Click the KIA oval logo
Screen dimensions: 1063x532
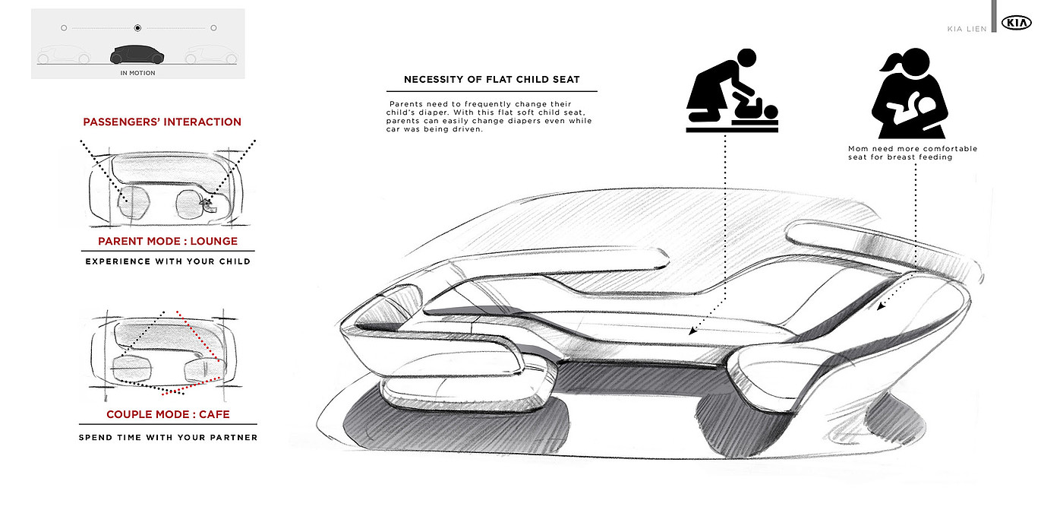(1017, 24)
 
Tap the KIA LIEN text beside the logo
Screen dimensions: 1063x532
(967, 29)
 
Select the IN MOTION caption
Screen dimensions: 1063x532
(137, 73)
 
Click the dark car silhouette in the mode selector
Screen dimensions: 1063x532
(137, 55)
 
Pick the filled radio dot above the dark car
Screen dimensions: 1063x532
(137, 28)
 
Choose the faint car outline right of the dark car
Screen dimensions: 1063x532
(212, 55)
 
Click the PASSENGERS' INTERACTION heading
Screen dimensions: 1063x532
(162, 122)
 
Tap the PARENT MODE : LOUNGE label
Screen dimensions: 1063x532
(168, 241)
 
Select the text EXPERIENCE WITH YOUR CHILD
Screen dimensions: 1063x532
(168, 261)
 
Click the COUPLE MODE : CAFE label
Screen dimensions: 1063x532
(168, 414)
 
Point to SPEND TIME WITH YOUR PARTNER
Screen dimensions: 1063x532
(168, 437)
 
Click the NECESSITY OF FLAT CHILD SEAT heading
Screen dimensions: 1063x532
(492, 80)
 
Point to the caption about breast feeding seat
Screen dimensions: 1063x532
(912, 153)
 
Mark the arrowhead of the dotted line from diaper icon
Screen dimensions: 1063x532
(691, 331)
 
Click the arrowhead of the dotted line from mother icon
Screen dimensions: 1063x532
(881, 307)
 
